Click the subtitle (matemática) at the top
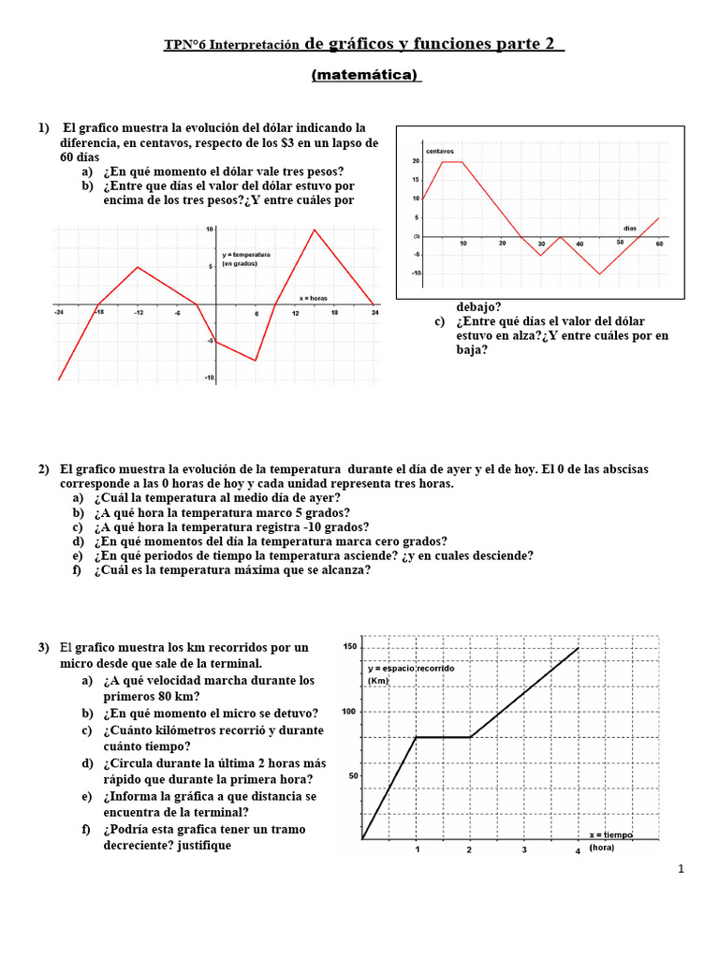pos(366,75)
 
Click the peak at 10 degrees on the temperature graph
pos(314,229)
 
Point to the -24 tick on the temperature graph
pos(59,313)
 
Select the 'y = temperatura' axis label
pos(246,255)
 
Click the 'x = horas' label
pos(314,298)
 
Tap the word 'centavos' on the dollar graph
pos(439,151)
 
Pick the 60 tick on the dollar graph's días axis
pos(659,243)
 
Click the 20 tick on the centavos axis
pos(416,161)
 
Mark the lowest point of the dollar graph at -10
pos(600,273)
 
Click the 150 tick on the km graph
pos(350,647)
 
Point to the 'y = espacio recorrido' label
pos(411,669)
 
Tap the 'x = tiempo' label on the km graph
pos(610,834)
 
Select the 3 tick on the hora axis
pos(524,850)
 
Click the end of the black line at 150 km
pos(579,648)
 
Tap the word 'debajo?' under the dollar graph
pos(478,306)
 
